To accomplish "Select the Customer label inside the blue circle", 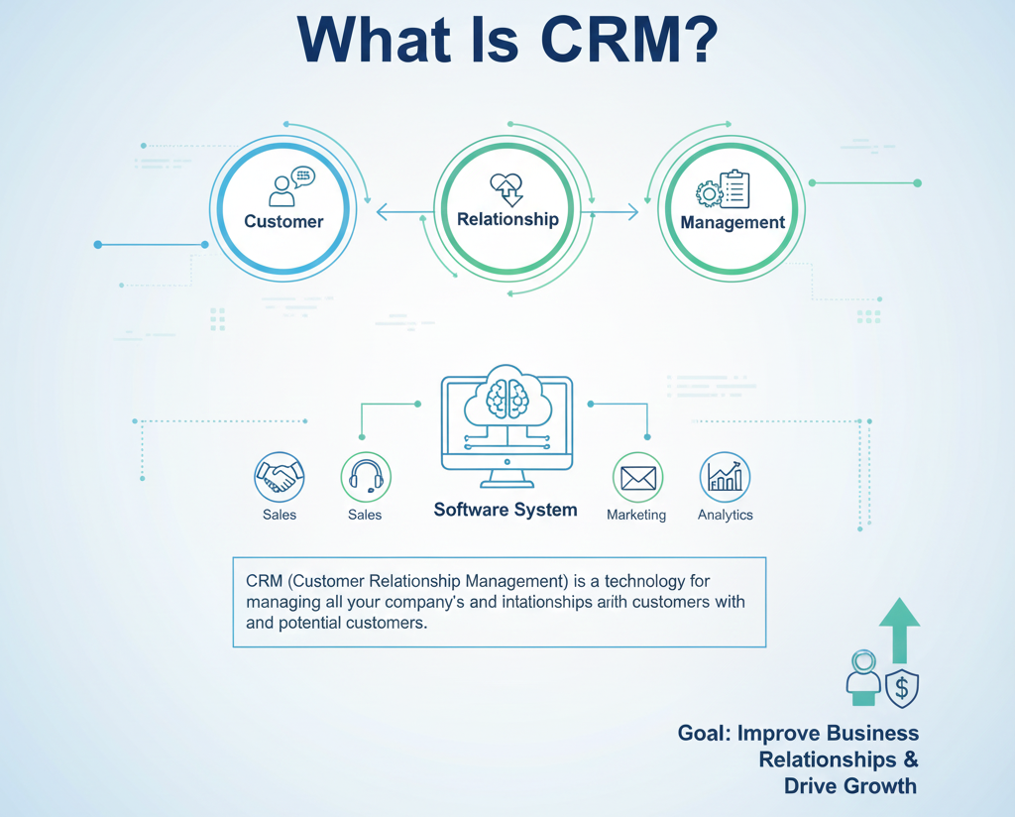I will point(283,221).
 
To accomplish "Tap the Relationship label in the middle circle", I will point(507,219).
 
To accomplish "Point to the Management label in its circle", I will point(733,222).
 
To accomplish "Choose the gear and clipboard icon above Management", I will point(724,188).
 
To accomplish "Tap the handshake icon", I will point(279,478).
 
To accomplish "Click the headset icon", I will point(366,477).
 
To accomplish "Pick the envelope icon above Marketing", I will point(637,478).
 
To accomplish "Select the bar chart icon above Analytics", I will point(725,478).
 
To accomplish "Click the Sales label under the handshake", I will point(279,515).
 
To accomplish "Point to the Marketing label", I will point(636,515).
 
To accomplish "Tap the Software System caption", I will point(506,510).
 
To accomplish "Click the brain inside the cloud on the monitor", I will point(507,397).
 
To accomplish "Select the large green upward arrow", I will point(899,629).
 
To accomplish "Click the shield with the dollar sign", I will point(901,689).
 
